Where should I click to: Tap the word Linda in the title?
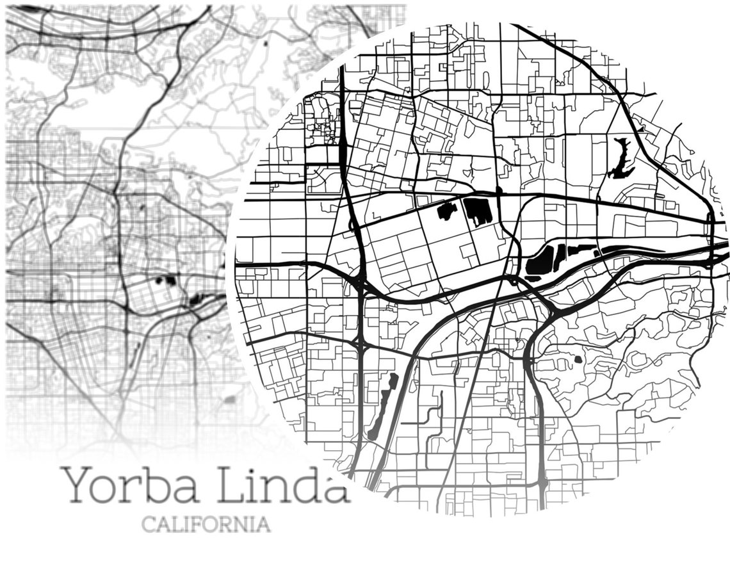pyautogui.click(x=282, y=485)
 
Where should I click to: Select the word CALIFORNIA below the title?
pyautogui.click(x=206, y=524)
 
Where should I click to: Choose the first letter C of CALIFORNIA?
pyautogui.click(x=148, y=524)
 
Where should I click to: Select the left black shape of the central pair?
pyautogui.click(x=447, y=210)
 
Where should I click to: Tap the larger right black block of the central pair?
pyautogui.click(x=478, y=211)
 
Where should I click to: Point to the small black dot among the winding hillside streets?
pyautogui.click(x=578, y=359)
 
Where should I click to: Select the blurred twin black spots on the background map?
pyautogui.click(x=166, y=280)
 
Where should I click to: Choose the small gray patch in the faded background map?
pyautogui.click(x=229, y=400)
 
